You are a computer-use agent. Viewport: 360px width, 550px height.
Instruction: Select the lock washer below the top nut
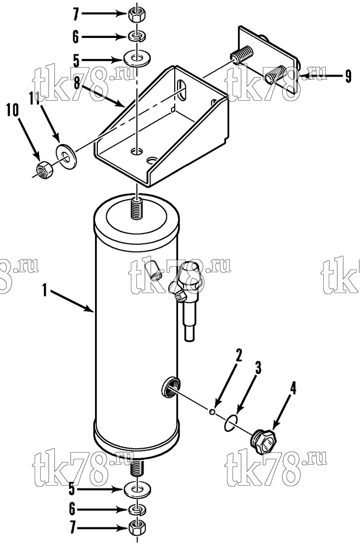(x=137, y=36)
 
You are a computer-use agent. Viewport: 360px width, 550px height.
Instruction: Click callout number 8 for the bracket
(x=77, y=84)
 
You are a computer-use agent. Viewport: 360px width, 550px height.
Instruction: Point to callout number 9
(x=347, y=76)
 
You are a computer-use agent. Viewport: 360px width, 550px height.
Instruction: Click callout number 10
(x=12, y=111)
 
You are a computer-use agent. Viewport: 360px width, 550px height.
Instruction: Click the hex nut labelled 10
(x=45, y=170)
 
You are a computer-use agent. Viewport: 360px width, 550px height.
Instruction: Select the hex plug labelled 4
(x=263, y=442)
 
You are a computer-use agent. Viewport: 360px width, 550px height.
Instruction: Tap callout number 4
(x=293, y=389)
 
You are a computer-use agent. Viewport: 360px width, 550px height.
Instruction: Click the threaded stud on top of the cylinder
(x=137, y=209)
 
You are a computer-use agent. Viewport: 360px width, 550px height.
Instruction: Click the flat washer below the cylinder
(x=137, y=490)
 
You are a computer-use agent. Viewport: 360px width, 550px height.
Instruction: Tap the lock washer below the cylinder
(x=137, y=509)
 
